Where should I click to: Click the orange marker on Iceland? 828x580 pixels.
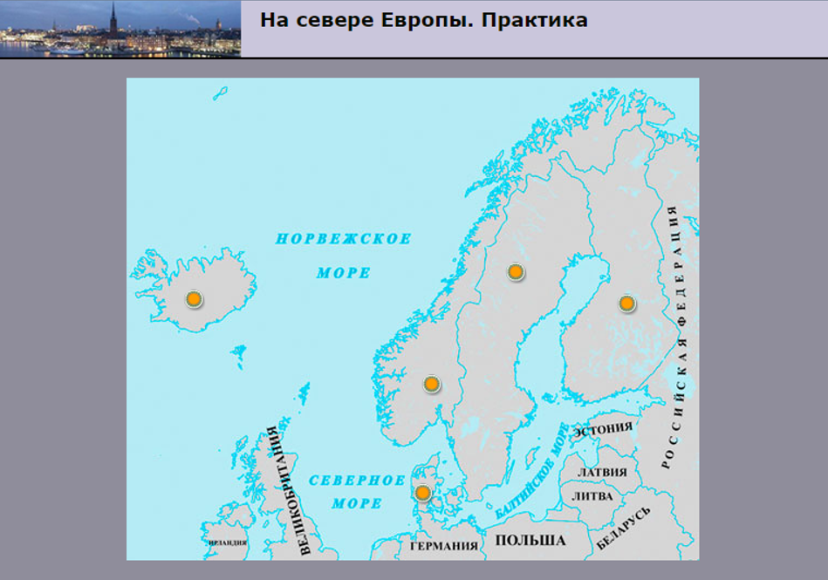[194, 299]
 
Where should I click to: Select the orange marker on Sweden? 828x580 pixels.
[516, 272]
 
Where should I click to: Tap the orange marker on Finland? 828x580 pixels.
[626, 304]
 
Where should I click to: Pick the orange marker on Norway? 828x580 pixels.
[431, 384]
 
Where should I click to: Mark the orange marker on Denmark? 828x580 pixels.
[423, 493]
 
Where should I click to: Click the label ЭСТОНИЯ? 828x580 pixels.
[603, 428]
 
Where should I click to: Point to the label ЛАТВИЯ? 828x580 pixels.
[603, 472]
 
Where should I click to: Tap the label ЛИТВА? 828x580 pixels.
[592, 495]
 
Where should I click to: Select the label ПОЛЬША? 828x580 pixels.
[530, 541]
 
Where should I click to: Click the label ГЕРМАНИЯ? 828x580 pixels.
[444, 546]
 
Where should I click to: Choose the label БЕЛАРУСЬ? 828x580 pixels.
[624, 529]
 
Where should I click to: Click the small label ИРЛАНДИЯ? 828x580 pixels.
[228, 542]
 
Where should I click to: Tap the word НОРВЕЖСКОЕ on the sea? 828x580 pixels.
[343, 239]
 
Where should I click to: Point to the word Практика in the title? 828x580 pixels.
[533, 20]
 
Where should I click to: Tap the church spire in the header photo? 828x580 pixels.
[113, 16]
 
